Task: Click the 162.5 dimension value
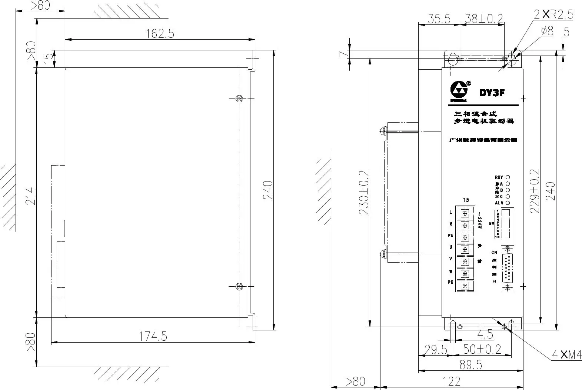160,33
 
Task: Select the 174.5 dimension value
153,336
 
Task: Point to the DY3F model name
492,93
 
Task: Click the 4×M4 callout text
566,355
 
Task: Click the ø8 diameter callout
547,31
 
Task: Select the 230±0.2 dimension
364,193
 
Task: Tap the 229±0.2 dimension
535,191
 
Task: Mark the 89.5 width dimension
470,365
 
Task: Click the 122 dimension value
451,381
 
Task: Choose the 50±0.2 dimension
482,349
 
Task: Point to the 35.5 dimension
439,19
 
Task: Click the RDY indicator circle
508,177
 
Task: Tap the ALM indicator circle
508,203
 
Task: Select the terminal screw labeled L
465,213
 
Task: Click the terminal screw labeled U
465,249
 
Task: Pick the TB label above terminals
466,200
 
